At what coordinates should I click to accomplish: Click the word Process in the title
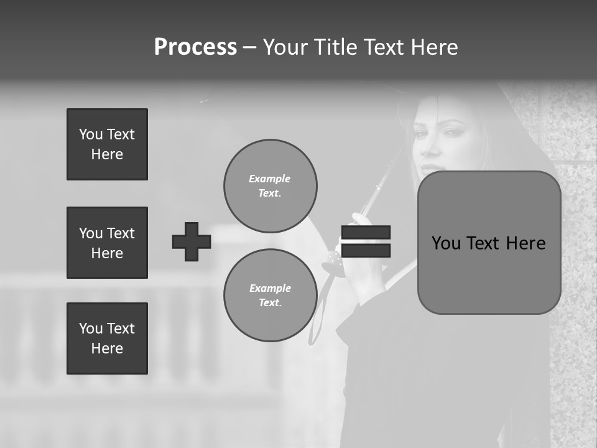(195, 47)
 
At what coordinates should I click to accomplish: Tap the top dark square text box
(107, 144)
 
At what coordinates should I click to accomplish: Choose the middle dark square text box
(107, 243)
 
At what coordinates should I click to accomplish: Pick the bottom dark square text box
(107, 338)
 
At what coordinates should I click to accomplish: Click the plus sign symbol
(192, 241)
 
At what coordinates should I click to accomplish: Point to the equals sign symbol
(366, 241)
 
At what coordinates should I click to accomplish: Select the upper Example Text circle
(270, 186)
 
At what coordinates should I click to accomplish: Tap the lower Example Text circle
(270, 296)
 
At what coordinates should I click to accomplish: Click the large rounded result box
(489, 243)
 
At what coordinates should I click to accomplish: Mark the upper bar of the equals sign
(366, 233)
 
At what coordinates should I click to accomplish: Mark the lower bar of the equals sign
(366, 250)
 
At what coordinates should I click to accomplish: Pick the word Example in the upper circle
(270, 179)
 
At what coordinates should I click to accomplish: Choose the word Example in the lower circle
(270, 288)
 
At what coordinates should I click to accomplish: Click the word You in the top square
(90, 134)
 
